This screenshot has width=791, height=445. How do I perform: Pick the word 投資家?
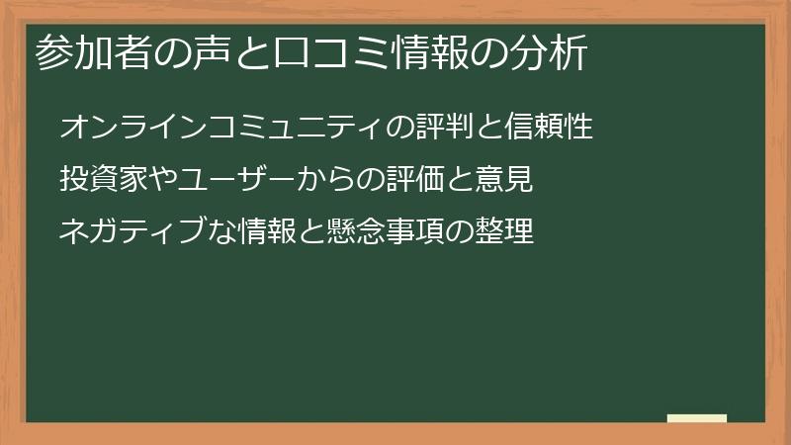(x=101, y=180)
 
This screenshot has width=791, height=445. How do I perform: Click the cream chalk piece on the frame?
(x=697, y=418)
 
